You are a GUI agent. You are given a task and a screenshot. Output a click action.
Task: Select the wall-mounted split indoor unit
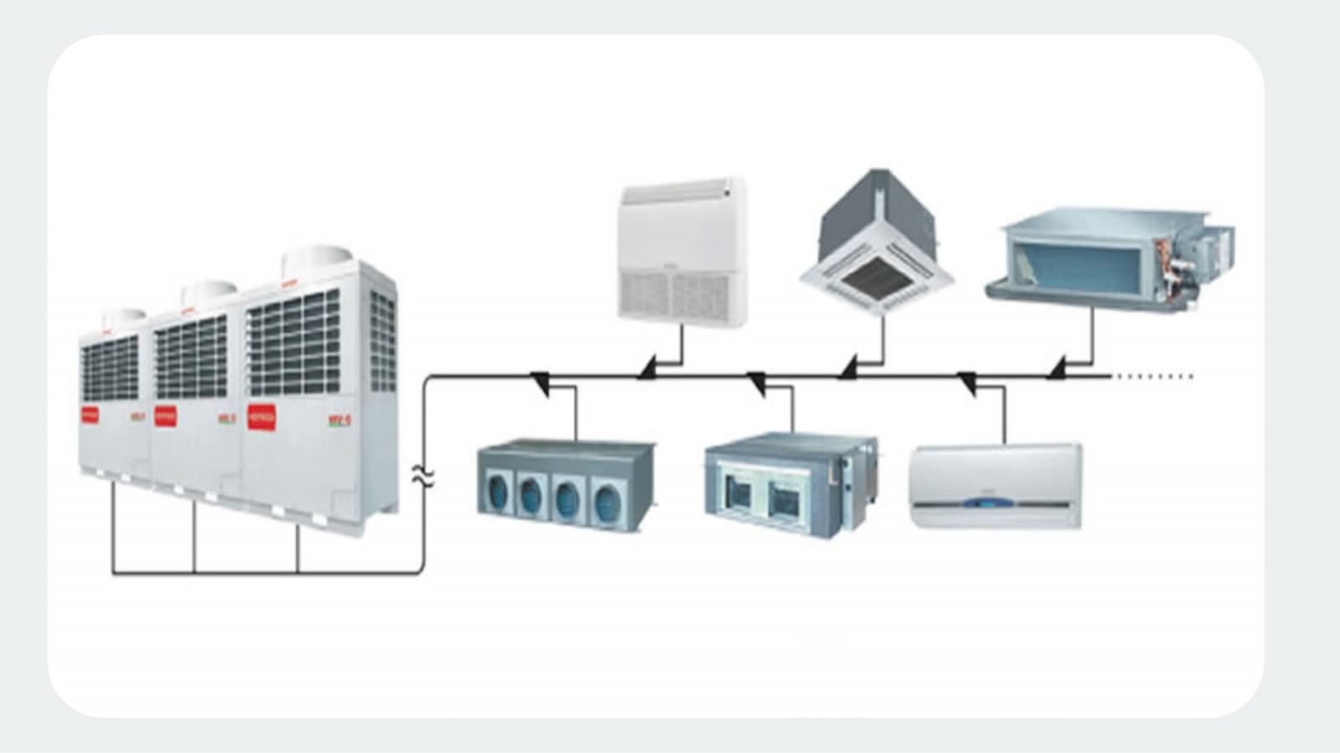995,485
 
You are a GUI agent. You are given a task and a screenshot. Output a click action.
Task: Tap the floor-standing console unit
682,251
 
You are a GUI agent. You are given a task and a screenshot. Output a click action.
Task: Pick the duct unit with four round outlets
566,485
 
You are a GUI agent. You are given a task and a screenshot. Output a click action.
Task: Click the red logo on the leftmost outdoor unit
90,414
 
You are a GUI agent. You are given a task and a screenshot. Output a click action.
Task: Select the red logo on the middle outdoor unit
166,416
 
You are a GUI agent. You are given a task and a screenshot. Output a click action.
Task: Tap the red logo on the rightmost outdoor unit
261,417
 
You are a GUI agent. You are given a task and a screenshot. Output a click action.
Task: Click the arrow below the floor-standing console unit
647,367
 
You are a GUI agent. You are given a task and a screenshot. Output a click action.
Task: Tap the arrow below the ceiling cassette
848,367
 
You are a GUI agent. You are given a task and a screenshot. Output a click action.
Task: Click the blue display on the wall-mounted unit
993,504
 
